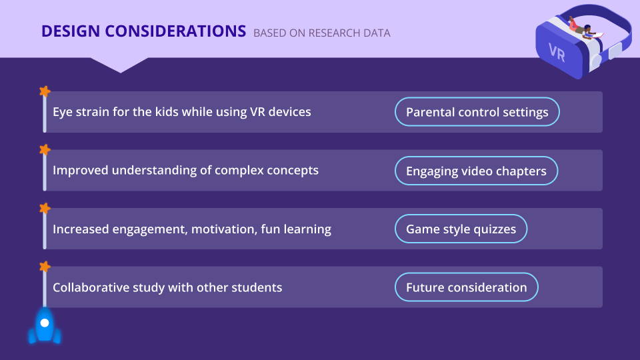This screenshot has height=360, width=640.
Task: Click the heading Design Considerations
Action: (144, 31)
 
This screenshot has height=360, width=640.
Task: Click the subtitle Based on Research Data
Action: (322, 33)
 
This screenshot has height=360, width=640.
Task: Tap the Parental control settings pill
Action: (477, 112)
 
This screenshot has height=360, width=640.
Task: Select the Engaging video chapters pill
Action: (476, 171)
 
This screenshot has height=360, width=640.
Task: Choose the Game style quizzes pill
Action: (461, 229)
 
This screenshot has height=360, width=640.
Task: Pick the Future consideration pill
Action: (467, 287)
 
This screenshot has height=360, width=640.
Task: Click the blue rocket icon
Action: (45, 325)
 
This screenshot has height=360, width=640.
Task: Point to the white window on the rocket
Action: (45, 323)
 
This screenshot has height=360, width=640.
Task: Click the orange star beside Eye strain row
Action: (45, 91)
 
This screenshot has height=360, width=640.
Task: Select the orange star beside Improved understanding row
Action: (45, 150)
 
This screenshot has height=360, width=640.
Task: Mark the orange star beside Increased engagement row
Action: (45, 208)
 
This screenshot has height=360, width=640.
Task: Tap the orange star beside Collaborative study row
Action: (45, 267)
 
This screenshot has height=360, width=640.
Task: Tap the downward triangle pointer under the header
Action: (119, 65)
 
